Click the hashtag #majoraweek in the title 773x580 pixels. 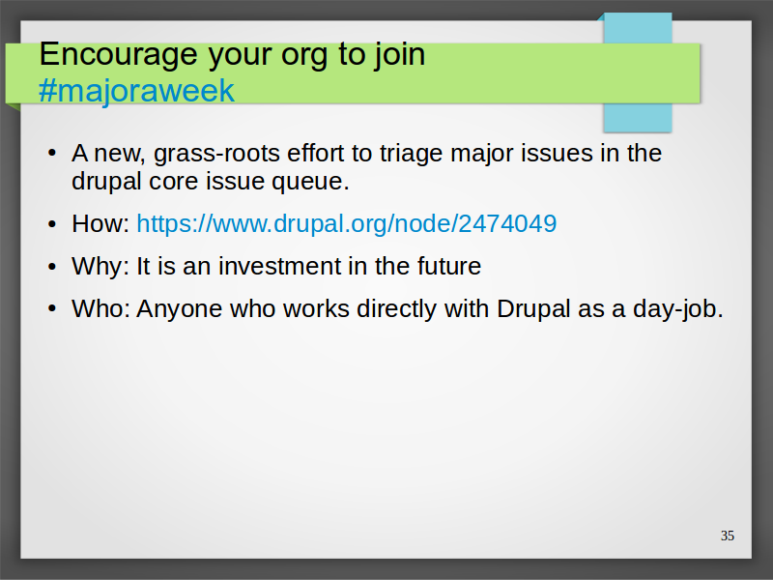click(136, 91)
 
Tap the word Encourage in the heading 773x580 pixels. click(118, 55)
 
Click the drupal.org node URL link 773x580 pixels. click(347, 223)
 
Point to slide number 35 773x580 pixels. click(728, 536)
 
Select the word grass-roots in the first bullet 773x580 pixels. click(216, 154)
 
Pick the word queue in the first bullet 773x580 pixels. click(310, 182)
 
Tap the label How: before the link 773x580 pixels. click(100, 223)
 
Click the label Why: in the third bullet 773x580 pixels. click(100, 267)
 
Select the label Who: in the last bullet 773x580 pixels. click(100, 308)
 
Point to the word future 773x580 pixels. click(449, 267)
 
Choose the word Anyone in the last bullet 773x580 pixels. click(180, 309)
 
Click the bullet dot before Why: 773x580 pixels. click(52, 267)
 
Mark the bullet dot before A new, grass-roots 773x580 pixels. click(52, 154)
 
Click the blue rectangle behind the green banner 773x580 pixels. click(638, 118)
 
